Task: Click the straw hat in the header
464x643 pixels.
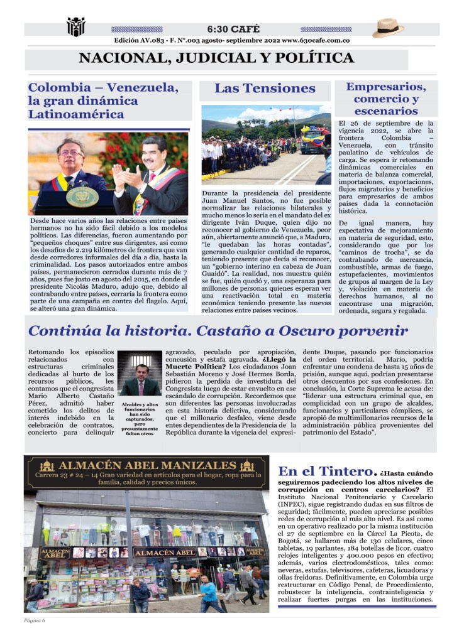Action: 388,28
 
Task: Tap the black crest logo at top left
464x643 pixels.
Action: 75,26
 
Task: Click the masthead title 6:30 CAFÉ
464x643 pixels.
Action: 232,29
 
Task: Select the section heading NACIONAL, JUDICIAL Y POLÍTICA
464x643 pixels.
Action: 216,58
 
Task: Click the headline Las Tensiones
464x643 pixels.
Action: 265,89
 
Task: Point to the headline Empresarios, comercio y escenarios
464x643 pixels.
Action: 386,99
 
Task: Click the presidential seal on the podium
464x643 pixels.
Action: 82,197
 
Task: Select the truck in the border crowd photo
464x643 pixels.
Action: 312,139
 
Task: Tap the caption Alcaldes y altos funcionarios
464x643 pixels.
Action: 140,418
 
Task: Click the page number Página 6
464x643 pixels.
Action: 35,620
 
